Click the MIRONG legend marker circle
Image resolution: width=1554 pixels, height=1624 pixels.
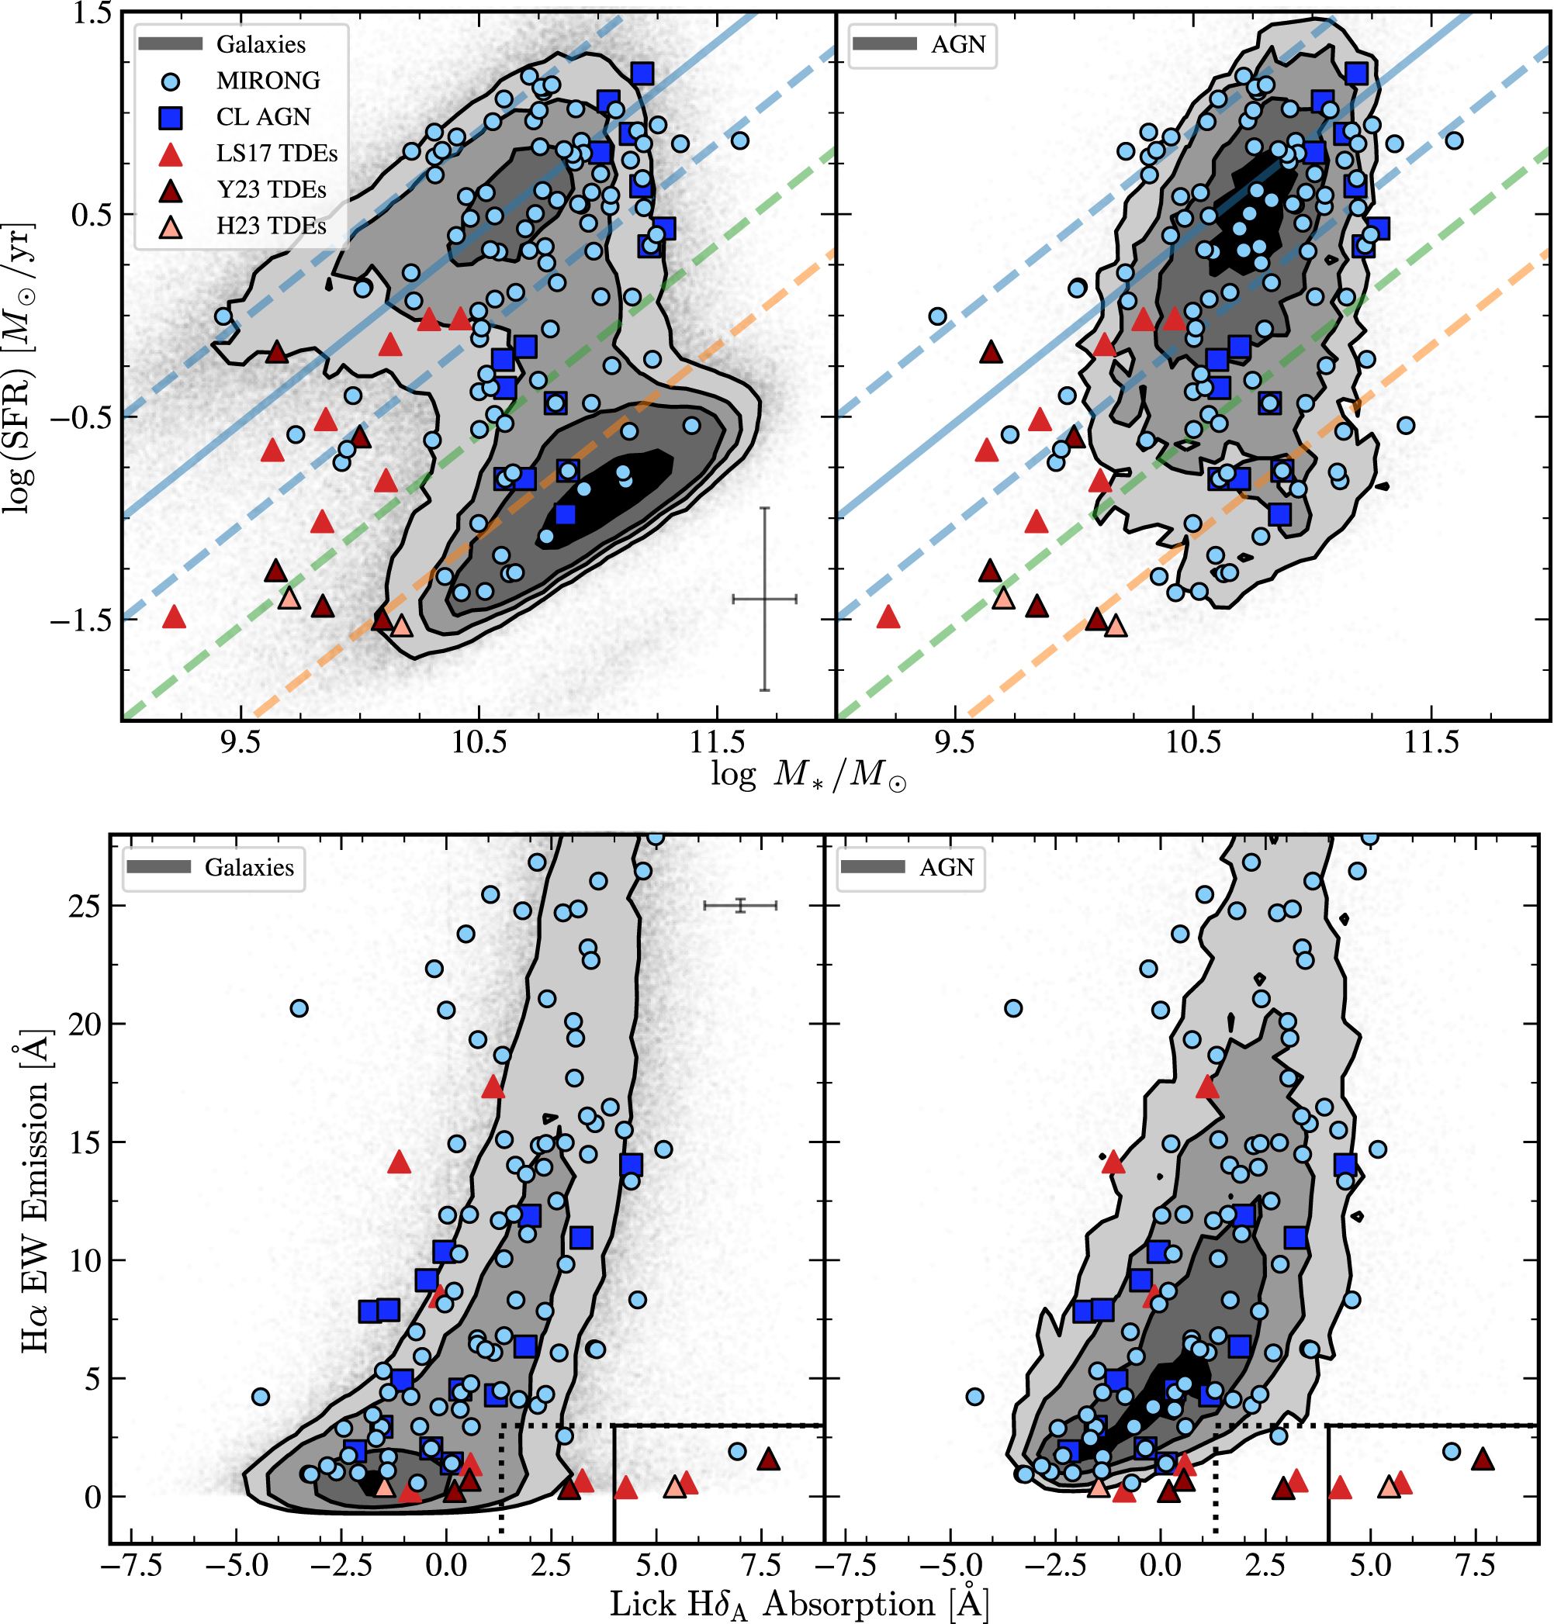171,81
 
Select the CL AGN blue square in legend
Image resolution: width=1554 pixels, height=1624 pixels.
171,118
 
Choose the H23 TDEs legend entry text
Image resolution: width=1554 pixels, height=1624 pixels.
271,226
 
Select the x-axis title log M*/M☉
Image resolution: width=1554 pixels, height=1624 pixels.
808,775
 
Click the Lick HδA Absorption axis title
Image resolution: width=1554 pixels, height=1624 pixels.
799,1603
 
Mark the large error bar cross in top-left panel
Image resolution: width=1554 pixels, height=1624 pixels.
764,598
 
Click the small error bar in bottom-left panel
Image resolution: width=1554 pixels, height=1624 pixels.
741,905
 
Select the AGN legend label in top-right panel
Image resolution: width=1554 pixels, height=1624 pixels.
958,45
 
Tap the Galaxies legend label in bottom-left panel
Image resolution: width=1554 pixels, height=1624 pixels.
249,867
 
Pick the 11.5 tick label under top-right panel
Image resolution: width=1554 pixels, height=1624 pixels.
1431,743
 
